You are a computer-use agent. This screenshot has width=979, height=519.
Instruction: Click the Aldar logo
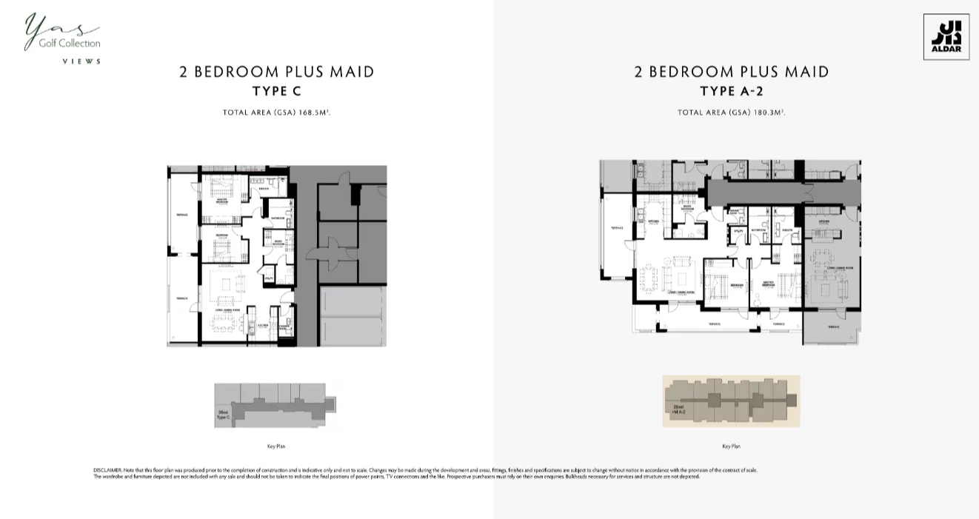tap(946, 36)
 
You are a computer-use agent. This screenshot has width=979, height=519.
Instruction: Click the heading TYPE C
tap(276, 91)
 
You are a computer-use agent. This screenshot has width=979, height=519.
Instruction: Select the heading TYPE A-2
tap(731, 91)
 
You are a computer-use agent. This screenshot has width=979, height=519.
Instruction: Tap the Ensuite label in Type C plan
tap(264, 188)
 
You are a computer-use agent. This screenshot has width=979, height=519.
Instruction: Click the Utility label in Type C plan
tap(270, 278)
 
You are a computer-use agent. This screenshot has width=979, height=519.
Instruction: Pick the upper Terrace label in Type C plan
tap(181, 215)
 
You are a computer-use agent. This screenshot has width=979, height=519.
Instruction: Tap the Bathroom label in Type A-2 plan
tap(757, 230)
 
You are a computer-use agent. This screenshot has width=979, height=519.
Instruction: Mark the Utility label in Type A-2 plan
tap(737, 231)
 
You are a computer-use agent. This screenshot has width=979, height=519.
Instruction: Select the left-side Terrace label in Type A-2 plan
tap(616, 228)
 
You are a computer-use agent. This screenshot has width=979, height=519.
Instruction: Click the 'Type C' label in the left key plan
tap(223, 417)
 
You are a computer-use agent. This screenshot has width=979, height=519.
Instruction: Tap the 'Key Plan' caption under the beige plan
tap(731, 446)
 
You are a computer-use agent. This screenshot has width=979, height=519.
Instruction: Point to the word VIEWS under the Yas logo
tap(81, 61)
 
